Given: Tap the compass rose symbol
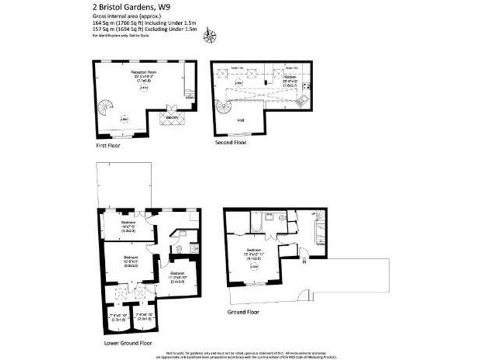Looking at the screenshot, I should [209, 37].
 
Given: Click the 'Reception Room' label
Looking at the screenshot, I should [143, 72].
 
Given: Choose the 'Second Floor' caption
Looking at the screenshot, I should [231, 142].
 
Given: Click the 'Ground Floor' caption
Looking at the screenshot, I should [244, 310].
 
